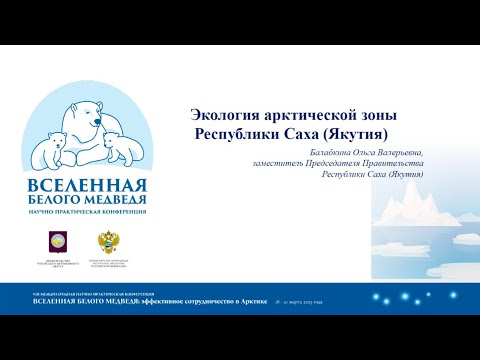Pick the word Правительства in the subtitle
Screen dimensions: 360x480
(398, 163)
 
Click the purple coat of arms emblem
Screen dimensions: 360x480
(52, 239)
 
